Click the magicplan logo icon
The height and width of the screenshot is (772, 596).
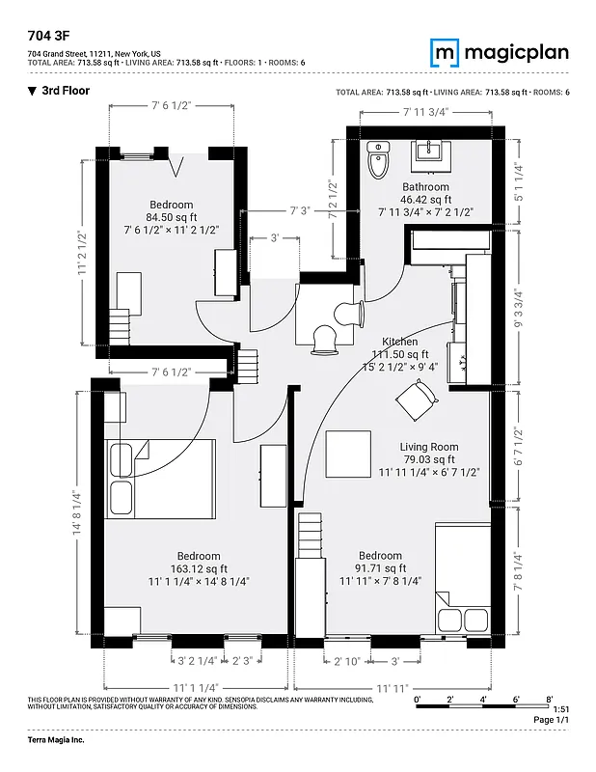pyautogui.click(x=445, y=52)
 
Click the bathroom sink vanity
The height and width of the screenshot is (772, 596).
pyautogui.click(x=426, y=152)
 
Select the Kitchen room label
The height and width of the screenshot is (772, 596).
pyautogui.click(x=399, y=343)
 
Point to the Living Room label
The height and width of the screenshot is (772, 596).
pyautogui.click(x=429, y=447)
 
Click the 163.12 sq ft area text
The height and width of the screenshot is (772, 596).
pyautogui.click(x=198, y=569)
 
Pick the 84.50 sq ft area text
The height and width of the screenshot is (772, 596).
pyautogui.click(x=171, y=218)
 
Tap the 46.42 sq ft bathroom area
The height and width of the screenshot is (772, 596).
pyautogui.click(x=425, y=200)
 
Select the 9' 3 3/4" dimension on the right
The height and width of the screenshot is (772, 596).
pyautogui.click(x=518, y=309)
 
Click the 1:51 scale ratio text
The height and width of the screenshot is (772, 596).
pyautogui.click(x=560, y=709)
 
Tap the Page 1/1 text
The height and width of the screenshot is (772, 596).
pyautogui.click(x=552, y=720)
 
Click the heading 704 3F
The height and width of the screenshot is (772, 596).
pyautogui.click(x=46, y=33)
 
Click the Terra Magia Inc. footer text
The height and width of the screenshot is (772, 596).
pyautogui.click(x=56, y=739)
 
